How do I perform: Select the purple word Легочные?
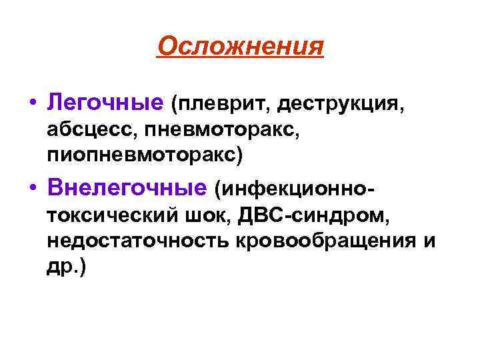coord(105,103)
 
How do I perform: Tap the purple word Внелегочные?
coord(127,190)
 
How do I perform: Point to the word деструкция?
coord(340,104)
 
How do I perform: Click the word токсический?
coord(111,216)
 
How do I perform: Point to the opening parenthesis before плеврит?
coord(175,105)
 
